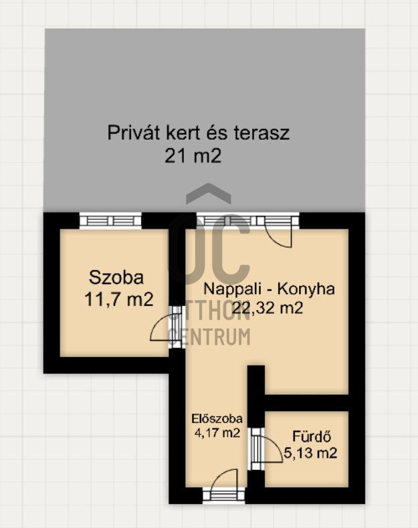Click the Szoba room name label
116,277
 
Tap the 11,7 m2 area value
119,299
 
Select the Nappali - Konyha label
269,289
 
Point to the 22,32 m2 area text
268,307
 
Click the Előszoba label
217,418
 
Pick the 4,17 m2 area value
217,432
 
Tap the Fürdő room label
312,436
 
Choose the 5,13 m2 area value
310,453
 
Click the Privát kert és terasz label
199,133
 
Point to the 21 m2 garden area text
193,156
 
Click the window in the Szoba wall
110,221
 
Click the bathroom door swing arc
274,446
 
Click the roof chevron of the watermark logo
209,193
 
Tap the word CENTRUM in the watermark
209,337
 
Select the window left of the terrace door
227,221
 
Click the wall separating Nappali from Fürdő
306,403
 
